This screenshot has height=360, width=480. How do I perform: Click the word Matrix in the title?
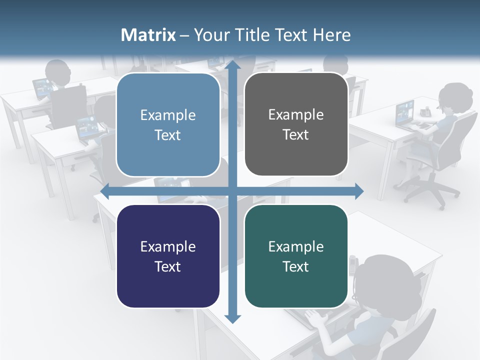pos(148,35)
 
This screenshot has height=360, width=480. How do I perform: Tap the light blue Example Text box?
pos(168,124)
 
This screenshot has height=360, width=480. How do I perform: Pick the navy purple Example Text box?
pos(168,256)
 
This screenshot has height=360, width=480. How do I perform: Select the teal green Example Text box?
pos(296,256)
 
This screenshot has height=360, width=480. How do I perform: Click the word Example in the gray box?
pos(296,114)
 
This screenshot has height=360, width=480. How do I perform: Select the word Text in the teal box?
pos(296,266)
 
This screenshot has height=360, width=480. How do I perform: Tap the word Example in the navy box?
pos(168,246)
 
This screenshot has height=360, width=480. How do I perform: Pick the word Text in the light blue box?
pos(168,135)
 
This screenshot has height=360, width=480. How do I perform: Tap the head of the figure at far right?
pos(455,97)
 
